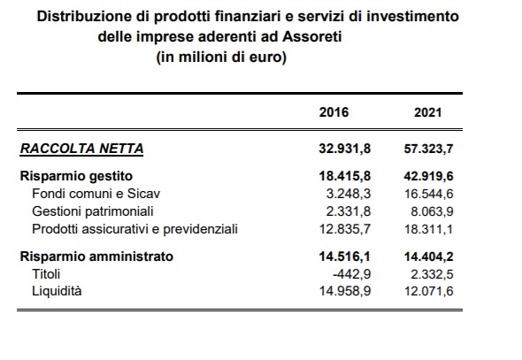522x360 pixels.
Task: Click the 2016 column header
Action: (x=334, y=112)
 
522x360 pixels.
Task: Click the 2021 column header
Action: (x=428, y=112)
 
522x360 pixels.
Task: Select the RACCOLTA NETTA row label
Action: (x=82, y=149)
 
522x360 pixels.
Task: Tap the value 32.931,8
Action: (x=344, y=149)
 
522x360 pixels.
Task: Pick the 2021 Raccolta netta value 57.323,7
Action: (x=428, y=149)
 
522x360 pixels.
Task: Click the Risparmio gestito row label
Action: (x=76, y=176)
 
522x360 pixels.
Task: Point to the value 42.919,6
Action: (x=428, y=176)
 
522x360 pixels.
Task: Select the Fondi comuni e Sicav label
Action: (x=96, y=194)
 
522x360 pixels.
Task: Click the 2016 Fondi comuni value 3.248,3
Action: (x=349, y=194)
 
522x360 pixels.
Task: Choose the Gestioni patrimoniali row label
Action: (x=93, y=211)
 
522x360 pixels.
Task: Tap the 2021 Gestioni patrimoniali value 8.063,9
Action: (x=432, y=211)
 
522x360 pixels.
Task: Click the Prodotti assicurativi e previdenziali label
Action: (x=134, y=229)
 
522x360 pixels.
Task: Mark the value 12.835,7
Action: (x=345, y=229)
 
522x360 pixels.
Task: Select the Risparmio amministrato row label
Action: (x=96, y=257)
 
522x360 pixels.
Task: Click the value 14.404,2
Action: (x=428, y=257)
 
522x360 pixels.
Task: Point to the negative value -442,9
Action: (x=351, y=274)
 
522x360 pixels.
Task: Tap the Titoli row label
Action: (x=46, y=274)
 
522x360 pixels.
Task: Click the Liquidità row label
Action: (x=57, y=291)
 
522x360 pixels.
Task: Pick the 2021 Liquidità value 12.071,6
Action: (x=429, y=292)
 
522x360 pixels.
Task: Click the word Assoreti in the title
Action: (x=312, y=36)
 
